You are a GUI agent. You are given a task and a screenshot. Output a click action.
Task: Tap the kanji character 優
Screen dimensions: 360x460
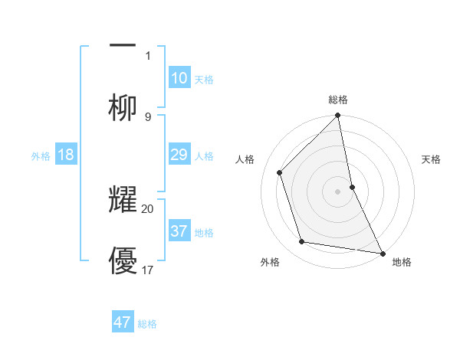pos(123,260)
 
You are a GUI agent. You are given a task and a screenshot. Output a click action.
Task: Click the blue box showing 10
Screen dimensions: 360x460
pos(179,78)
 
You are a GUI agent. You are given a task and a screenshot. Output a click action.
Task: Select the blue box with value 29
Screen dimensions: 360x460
pos(179,155)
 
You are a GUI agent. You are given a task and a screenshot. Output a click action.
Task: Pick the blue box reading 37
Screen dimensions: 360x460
pos(179,231)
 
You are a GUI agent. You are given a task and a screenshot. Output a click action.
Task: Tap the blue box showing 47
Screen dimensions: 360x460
pos(123,322)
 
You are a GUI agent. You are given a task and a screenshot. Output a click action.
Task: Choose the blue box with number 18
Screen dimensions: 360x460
pos(66,155)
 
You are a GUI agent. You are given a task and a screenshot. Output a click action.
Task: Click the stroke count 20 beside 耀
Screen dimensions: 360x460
pos(148,208)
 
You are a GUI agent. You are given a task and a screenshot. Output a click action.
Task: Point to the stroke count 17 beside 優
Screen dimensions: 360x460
pos(148,270)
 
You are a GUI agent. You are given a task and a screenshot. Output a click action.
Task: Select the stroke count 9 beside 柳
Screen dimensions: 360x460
pos(148,116)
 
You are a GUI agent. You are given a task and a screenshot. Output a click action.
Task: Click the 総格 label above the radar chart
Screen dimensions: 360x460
pos(338,100)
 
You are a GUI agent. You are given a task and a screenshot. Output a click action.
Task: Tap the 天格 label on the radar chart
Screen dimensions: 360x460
pos(432,159)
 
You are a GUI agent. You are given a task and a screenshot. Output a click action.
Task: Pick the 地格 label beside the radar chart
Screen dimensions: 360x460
pos(402,262)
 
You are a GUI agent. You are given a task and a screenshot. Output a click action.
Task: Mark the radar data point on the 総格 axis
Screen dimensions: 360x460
pos(338,116)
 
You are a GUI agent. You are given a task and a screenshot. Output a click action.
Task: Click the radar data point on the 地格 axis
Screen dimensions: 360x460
pos(382,252)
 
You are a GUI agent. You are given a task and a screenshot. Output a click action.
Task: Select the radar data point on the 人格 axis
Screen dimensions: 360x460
pos(280,172)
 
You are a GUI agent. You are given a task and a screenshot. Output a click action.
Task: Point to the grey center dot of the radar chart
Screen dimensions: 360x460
pos(338,191)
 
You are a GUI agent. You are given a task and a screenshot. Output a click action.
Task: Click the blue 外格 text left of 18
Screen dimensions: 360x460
pos(41,155)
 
